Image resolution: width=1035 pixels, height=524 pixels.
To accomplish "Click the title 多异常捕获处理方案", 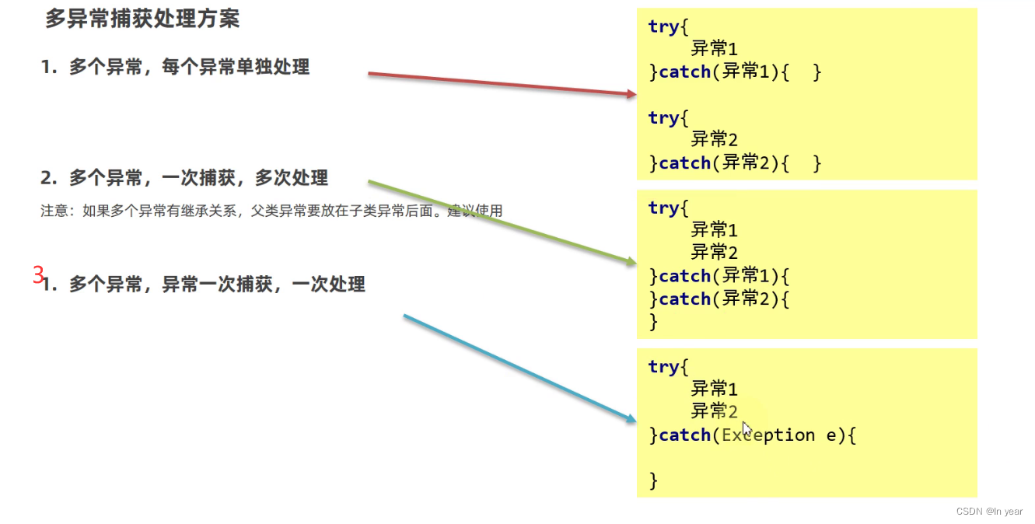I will pos(142,19).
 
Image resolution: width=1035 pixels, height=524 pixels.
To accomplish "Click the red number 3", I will pos(38,274).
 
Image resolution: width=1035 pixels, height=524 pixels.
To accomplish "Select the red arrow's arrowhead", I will pos(631,94).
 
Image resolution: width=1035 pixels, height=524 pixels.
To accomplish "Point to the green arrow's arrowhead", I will pos(631,262).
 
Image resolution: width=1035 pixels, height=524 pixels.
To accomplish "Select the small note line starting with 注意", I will pos(271,211).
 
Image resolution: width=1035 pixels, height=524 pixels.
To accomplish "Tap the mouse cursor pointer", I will pos(747,429).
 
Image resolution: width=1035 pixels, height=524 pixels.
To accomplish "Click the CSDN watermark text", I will pos(989,512).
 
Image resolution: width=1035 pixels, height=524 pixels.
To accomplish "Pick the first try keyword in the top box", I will pos(663,26).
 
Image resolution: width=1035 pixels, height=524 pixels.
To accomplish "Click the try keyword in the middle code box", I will pos(663,208).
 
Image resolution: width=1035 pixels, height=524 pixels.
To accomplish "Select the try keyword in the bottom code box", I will pos(663,367).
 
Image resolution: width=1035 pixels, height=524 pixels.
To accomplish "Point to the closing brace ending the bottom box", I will pos(653,480).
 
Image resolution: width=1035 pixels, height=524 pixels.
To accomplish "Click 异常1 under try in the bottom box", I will pos(714,389).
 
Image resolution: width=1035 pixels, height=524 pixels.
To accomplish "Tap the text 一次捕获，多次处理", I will pos(245,178).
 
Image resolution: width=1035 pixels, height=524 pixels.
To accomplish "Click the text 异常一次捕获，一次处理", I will pos(264,285).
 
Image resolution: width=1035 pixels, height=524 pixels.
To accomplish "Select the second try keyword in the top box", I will pos(663,118).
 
